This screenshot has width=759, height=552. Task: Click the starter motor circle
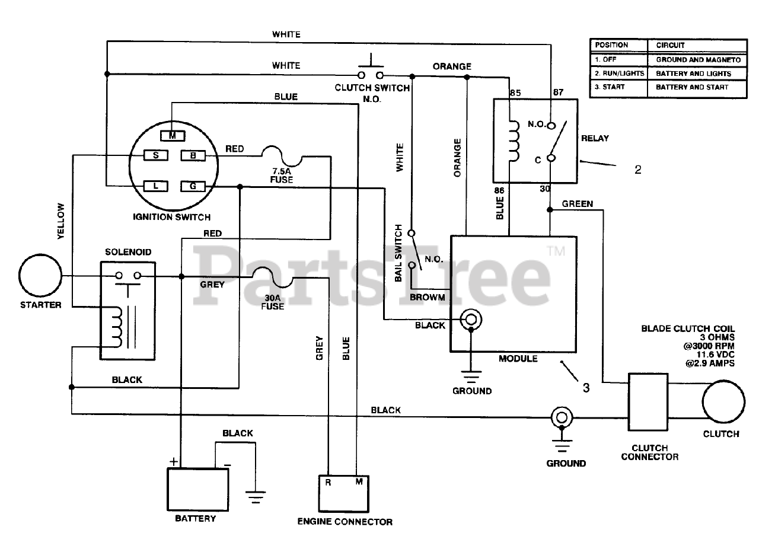pyautogui.click(x=40, y=276)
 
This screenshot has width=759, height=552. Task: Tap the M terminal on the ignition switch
pyautogui.click(x=172, y=136)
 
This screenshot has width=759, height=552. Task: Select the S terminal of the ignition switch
pyautogui.click(x=155, y=155)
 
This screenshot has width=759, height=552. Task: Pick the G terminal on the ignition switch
pyautogui.click(x=193, y=186)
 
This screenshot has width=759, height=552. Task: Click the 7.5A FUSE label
pyautogui.click(x=282, y=175)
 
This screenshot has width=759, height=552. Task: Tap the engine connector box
pyautogui.click(x=345, y=493)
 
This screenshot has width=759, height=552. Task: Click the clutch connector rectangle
pyautogui.click(x=649, y=402)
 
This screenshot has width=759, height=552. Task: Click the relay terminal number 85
pyautogui.click(x=515, y=92)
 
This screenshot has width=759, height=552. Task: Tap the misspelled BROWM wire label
pyautogui.click(x=427, y=296)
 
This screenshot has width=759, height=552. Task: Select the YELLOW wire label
pyautogui.click(x=60, y=221)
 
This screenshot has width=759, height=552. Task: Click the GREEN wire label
pyautogui.click(x=577, y=203)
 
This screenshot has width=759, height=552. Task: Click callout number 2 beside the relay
pyautogui.click(x=637, y=169)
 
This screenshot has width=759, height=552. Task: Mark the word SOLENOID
pyautogui.click(x=128, y=252)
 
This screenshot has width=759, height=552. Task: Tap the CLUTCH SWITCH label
pyautogui.click(x=372, y=88)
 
